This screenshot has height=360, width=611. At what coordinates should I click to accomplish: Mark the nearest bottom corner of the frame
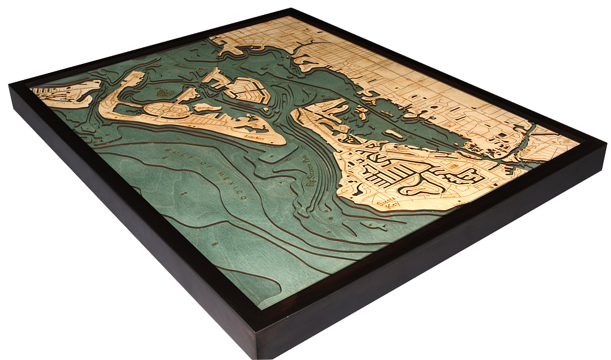[x=276, y=349]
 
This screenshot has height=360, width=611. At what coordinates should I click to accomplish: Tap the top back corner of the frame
[x=291, y=10]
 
